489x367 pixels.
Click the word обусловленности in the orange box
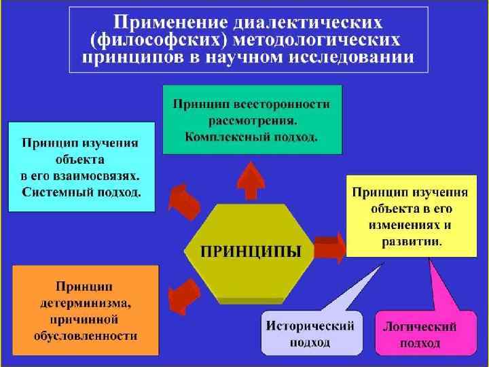pos(85,335)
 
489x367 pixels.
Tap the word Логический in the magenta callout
pos(420,327)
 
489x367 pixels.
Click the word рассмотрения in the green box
pos(253,121)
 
